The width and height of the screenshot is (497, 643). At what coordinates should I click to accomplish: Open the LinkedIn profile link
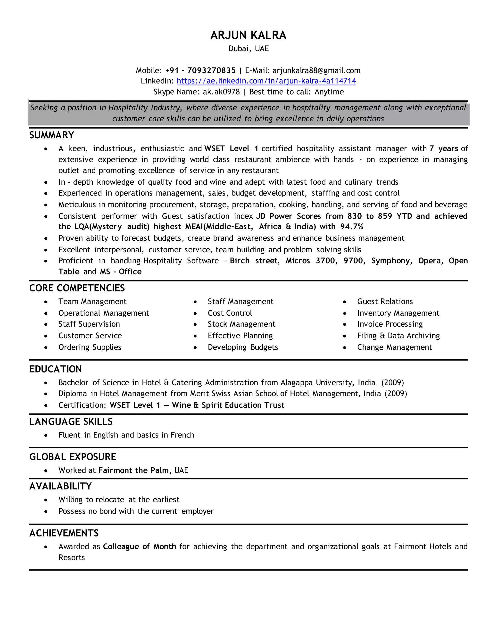point(266,81)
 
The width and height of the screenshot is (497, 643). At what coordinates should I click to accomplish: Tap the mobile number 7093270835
point(211,70)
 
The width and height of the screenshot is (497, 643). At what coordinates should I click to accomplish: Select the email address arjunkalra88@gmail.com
point(316,70)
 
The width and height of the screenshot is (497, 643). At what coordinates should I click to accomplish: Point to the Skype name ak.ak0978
point(221,92)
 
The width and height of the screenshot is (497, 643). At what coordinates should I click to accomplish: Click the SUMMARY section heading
point(51,135)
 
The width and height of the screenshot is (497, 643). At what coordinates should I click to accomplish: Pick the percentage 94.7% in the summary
point(352,226)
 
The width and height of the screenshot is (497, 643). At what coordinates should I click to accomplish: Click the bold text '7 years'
point(443,148)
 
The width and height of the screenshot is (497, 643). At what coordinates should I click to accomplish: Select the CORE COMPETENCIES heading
point(77,288)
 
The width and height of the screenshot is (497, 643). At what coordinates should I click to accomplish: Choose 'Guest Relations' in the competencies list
point(385,301)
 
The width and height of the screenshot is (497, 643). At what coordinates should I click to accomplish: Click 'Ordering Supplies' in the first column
point(90,347)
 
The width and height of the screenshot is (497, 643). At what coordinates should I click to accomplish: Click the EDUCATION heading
point(55,369)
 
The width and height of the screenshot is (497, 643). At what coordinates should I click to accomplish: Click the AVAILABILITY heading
point(60,486)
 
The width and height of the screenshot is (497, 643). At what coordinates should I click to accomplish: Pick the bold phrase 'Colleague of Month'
point(139,546)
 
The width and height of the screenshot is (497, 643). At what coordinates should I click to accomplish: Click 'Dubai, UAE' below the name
point(248,49)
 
